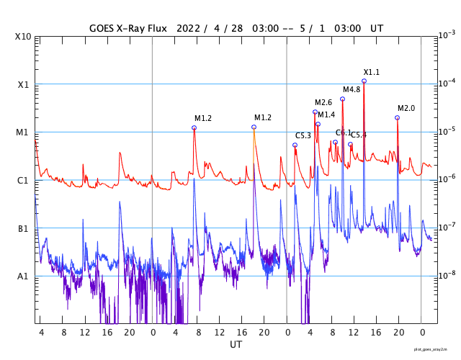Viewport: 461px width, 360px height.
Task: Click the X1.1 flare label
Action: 371,72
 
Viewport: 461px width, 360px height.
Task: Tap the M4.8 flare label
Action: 351,89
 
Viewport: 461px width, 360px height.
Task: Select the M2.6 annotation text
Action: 323,102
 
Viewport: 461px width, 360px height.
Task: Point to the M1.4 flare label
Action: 326,114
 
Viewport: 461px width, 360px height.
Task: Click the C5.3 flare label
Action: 303,135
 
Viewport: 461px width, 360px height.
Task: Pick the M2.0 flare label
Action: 406,108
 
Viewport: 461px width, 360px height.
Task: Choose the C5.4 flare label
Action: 359,135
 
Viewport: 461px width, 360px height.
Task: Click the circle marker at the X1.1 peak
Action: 364,81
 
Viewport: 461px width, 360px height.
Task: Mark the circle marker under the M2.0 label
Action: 397,117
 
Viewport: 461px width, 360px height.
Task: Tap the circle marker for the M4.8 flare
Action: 342,99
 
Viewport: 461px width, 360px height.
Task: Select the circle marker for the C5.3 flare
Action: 295,145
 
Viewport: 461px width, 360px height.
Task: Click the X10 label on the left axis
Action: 23,36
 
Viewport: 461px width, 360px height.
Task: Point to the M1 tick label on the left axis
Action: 23,132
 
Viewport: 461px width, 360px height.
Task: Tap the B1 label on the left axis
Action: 23,228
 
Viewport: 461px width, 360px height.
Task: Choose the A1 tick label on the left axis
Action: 23,276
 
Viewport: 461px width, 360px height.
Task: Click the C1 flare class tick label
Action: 23,180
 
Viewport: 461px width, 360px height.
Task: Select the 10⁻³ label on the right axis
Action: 446,35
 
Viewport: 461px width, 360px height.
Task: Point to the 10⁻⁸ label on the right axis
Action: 446,275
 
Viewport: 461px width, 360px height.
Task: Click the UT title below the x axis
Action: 236,345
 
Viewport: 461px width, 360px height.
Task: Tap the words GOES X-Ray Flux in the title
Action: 128,27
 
